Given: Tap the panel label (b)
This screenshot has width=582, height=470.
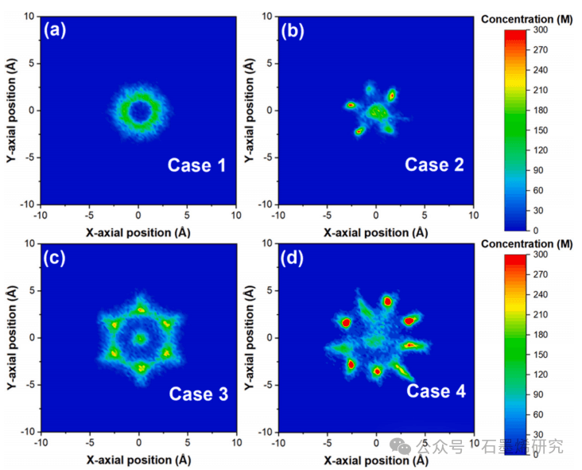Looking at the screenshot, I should point(295,31).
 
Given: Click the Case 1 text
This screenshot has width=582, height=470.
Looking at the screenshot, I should point(196,165).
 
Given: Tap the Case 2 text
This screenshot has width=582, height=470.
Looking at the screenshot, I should point(434,165).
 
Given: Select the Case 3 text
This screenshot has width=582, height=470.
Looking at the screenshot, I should point(198,394).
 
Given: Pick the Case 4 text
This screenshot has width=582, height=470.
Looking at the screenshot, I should point(436,390).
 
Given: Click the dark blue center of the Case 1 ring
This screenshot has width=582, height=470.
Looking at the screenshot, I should point(139,111).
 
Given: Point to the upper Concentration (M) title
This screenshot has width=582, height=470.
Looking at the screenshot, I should point(531,18).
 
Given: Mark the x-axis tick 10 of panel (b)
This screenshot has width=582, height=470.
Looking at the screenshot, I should point(475,216).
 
